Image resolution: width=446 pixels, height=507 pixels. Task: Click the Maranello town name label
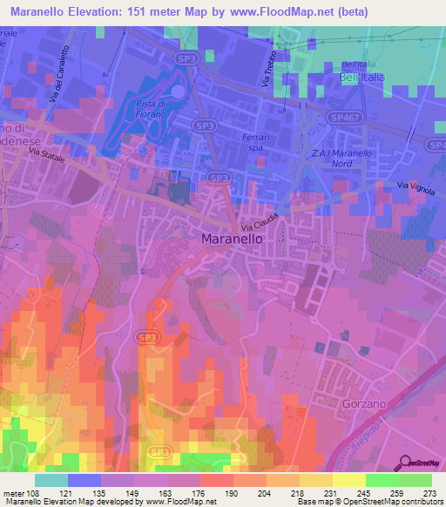[x=232, y=238]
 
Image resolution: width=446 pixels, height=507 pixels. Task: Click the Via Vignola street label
[x=414, y=186]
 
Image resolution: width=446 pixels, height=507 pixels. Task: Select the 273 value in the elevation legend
[x=430, y=492]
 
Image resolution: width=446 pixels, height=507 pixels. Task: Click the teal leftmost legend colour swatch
[x=51, y=480]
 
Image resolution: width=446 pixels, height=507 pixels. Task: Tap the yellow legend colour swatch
[x=349, y=480]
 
